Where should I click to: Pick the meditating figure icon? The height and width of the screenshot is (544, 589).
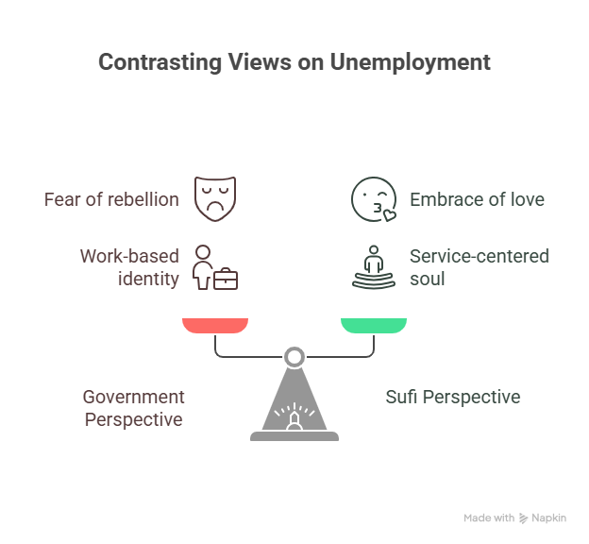[373, 266]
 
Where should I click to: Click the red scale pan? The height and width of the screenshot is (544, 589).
[215, 326]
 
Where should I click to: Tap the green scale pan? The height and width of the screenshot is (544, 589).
[374, 326]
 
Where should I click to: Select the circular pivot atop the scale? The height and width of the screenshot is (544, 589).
[294, 357]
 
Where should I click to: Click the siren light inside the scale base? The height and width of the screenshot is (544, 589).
[294, 417]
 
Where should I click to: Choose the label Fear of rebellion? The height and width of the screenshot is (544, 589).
[112, 200]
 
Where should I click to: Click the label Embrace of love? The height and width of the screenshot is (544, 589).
[477, 200]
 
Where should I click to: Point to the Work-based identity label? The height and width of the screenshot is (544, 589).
[131, 266]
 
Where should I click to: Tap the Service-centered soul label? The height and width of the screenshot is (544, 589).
[480, 266]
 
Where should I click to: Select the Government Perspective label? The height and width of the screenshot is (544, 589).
[133, 408]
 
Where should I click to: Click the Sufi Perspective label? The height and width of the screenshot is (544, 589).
[453, 398]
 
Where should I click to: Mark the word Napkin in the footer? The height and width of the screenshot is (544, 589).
[548, 518]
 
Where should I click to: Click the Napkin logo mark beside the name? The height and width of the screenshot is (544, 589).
[524, 518]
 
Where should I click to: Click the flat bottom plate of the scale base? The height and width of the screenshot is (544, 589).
[294, 437]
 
